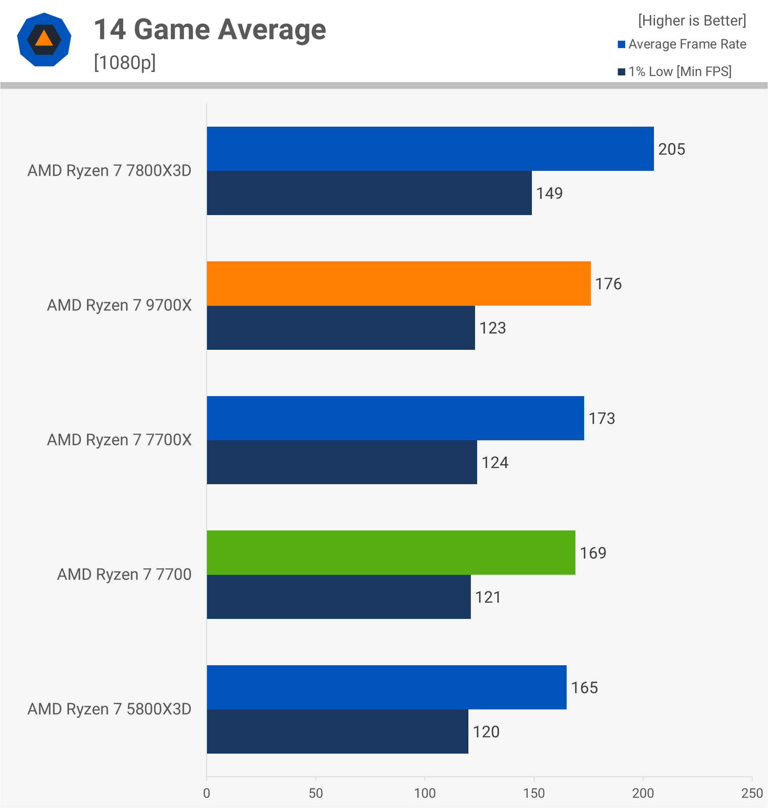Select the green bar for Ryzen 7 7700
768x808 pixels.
coord(390,552)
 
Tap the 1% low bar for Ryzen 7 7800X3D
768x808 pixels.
coord(369,193)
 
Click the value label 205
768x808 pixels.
coord(672,149)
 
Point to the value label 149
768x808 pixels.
coord(549,193)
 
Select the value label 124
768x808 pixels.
coord(495,462)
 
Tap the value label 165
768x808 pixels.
coord(584,687)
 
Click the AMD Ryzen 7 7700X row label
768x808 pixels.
coord(119,440)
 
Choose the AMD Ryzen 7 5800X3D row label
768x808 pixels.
coord(109,709)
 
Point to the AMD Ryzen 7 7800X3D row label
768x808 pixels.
coord(109,170)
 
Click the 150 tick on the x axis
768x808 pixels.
coord(534,793)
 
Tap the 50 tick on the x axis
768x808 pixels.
coord(316,793)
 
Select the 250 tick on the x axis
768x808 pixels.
coord(752,793)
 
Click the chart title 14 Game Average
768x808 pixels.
coord(209,29)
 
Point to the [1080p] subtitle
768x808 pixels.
coord(125,62)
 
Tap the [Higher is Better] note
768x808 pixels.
coord(692,20)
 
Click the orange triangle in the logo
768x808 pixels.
coord(44,39)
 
